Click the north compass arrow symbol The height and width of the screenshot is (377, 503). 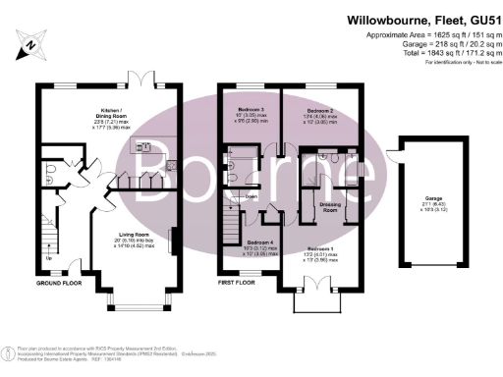coord(31,42)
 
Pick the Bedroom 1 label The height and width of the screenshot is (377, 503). coord(319,249)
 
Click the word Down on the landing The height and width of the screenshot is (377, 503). coord(251,195)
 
